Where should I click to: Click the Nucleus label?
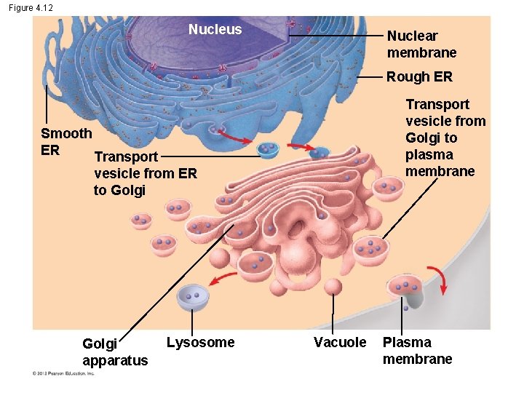[215, 30]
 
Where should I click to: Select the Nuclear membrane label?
[421, 44]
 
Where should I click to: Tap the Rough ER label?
[419, 76]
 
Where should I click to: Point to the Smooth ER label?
[65, 141]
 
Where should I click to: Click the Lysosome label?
[200, 342]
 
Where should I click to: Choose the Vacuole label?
[340, 342]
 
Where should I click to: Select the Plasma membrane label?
[417, 350]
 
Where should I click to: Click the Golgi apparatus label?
[115, 352]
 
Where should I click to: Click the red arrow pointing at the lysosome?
[223, 279]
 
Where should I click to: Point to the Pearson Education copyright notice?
[63, 373]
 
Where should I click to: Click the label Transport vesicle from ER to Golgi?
[145, 173]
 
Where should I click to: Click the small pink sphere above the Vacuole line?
[333, 286]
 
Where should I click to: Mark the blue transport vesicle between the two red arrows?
[269, 149]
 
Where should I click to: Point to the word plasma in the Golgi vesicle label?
[429, 155]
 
